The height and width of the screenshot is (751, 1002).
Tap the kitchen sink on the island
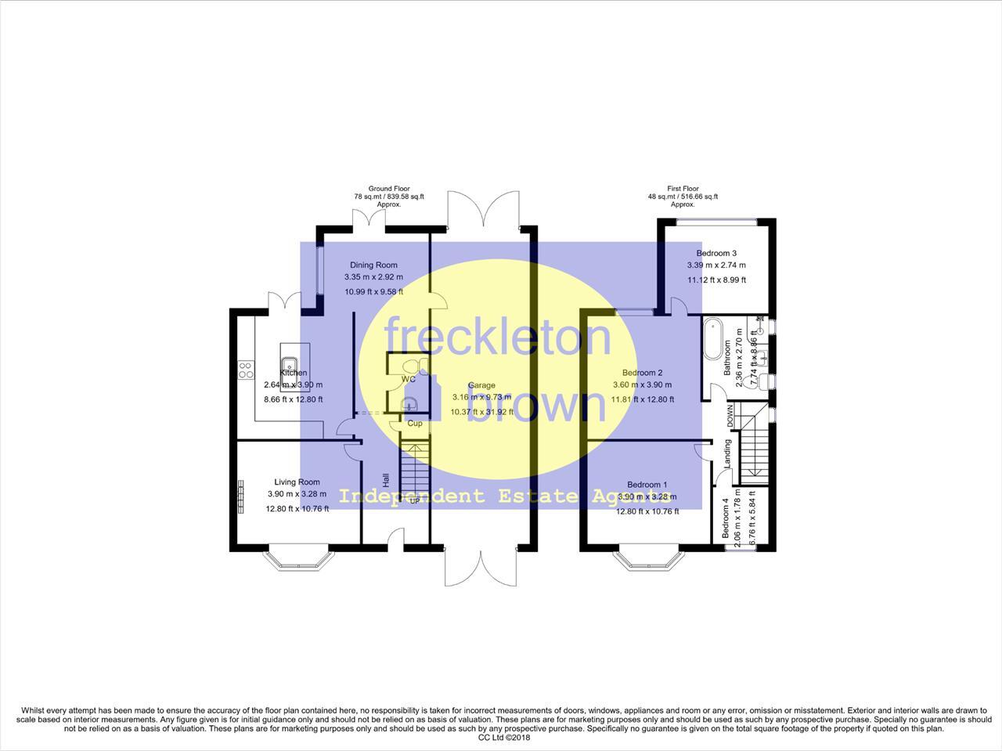coord(289,363)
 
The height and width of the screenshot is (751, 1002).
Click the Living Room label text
coord(297,482)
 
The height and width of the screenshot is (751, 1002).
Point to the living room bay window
coord(297,558)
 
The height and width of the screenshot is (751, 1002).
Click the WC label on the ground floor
coord(408,380)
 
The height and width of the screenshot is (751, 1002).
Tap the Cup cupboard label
coord(415,424)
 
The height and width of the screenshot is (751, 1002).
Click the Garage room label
coord(481,385)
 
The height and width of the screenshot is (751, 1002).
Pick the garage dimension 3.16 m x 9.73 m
coord(481,399)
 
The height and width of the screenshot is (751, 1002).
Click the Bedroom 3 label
coord(716,253)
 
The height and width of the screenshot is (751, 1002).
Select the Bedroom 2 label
coord(642,373)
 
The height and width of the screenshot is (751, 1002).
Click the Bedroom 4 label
coord(726,518)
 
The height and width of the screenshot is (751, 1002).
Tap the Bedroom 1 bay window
coord(647,558)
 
